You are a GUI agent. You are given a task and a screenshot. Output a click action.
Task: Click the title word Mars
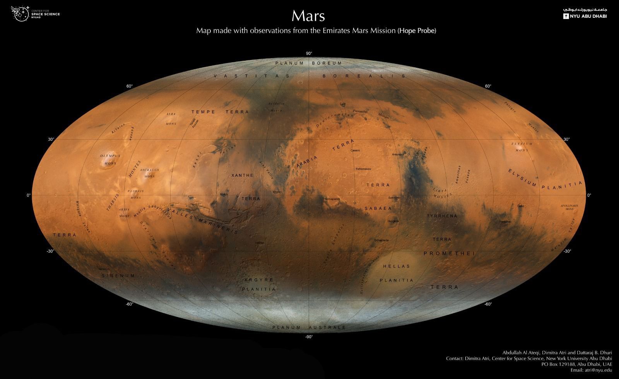(x=308, y=16)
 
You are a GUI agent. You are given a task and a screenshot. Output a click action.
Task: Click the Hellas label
(x=396, y=266)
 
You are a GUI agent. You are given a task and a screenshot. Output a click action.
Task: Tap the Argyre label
(x=259, y=280)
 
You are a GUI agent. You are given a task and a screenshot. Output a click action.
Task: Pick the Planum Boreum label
(x=308, y=63)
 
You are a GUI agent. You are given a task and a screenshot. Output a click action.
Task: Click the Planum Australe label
(x=309, y=328)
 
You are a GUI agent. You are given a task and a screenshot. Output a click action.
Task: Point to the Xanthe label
(x=242, y=175)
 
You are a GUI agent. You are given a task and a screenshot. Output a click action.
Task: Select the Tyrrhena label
(x=442, y=216)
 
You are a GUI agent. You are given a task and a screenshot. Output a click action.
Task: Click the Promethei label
(x=449, y=253)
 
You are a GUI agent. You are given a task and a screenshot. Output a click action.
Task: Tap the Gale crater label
(x=520, y=206)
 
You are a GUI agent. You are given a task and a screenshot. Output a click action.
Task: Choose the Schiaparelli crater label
(x=332, y=198)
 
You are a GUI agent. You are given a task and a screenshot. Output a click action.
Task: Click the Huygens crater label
(x=393, y=221)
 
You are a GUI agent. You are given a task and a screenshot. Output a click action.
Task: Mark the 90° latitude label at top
(x=309, y=53)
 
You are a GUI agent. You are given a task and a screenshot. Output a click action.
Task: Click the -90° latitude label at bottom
(x=309, y=337)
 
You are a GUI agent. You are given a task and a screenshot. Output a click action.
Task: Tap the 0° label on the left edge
(x=28, y=195)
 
